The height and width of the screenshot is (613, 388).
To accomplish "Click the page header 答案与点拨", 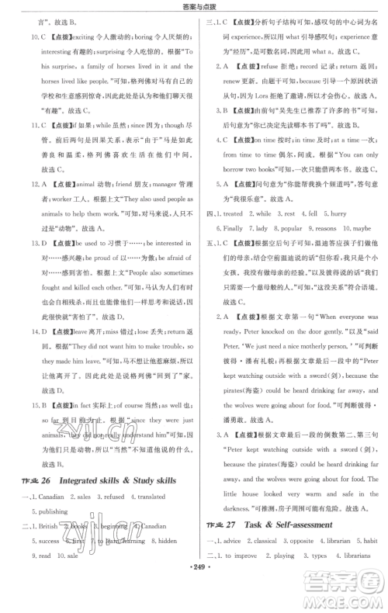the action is click(193, 8).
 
